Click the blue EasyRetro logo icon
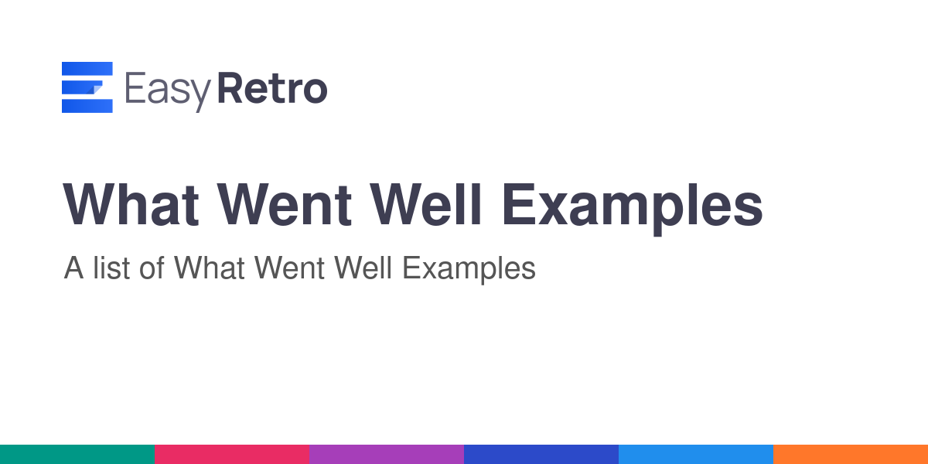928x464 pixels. (87, 87)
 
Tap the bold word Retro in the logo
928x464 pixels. (272, 88)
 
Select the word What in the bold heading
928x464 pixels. (131, 205)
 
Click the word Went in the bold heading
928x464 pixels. (285, 205)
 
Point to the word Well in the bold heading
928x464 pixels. (426, 205)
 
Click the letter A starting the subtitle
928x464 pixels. (73, 268)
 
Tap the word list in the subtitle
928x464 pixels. (111, 268)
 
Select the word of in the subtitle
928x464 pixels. (152, 268)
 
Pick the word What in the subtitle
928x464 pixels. (210, 268)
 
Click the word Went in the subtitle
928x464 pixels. (289, 268)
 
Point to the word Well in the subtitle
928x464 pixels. (363, 268)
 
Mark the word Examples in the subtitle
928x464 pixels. (469, 270)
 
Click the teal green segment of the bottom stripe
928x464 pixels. (77, 455)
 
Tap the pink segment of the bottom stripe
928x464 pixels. (232, 455)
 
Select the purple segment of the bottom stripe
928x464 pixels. (387, 455)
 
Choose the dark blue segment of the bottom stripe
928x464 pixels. (541, 455)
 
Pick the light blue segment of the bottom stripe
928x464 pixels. (696, 455)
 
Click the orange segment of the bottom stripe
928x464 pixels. (851, 455)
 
